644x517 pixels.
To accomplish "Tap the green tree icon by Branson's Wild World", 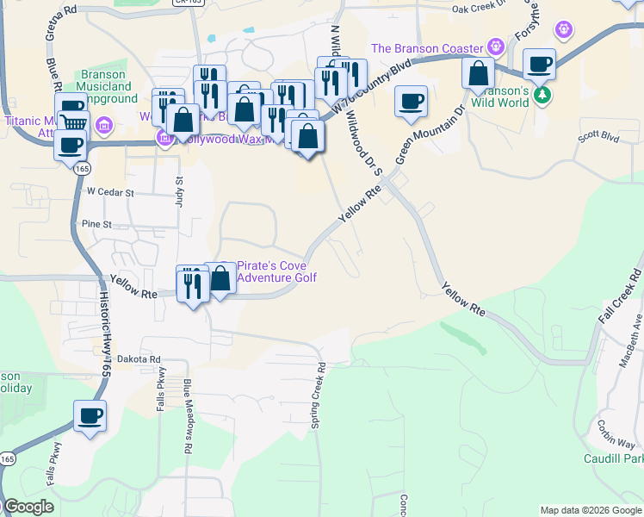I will (542, 94).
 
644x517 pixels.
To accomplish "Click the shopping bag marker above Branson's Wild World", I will (478, 74).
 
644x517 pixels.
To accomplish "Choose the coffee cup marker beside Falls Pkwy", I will (90, 416).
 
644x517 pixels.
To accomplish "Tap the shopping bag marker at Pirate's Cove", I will (220, 278).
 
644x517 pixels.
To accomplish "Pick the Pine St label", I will (96, 224).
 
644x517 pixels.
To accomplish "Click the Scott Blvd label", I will (598, 136).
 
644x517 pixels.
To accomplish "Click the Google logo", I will (28, 507).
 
